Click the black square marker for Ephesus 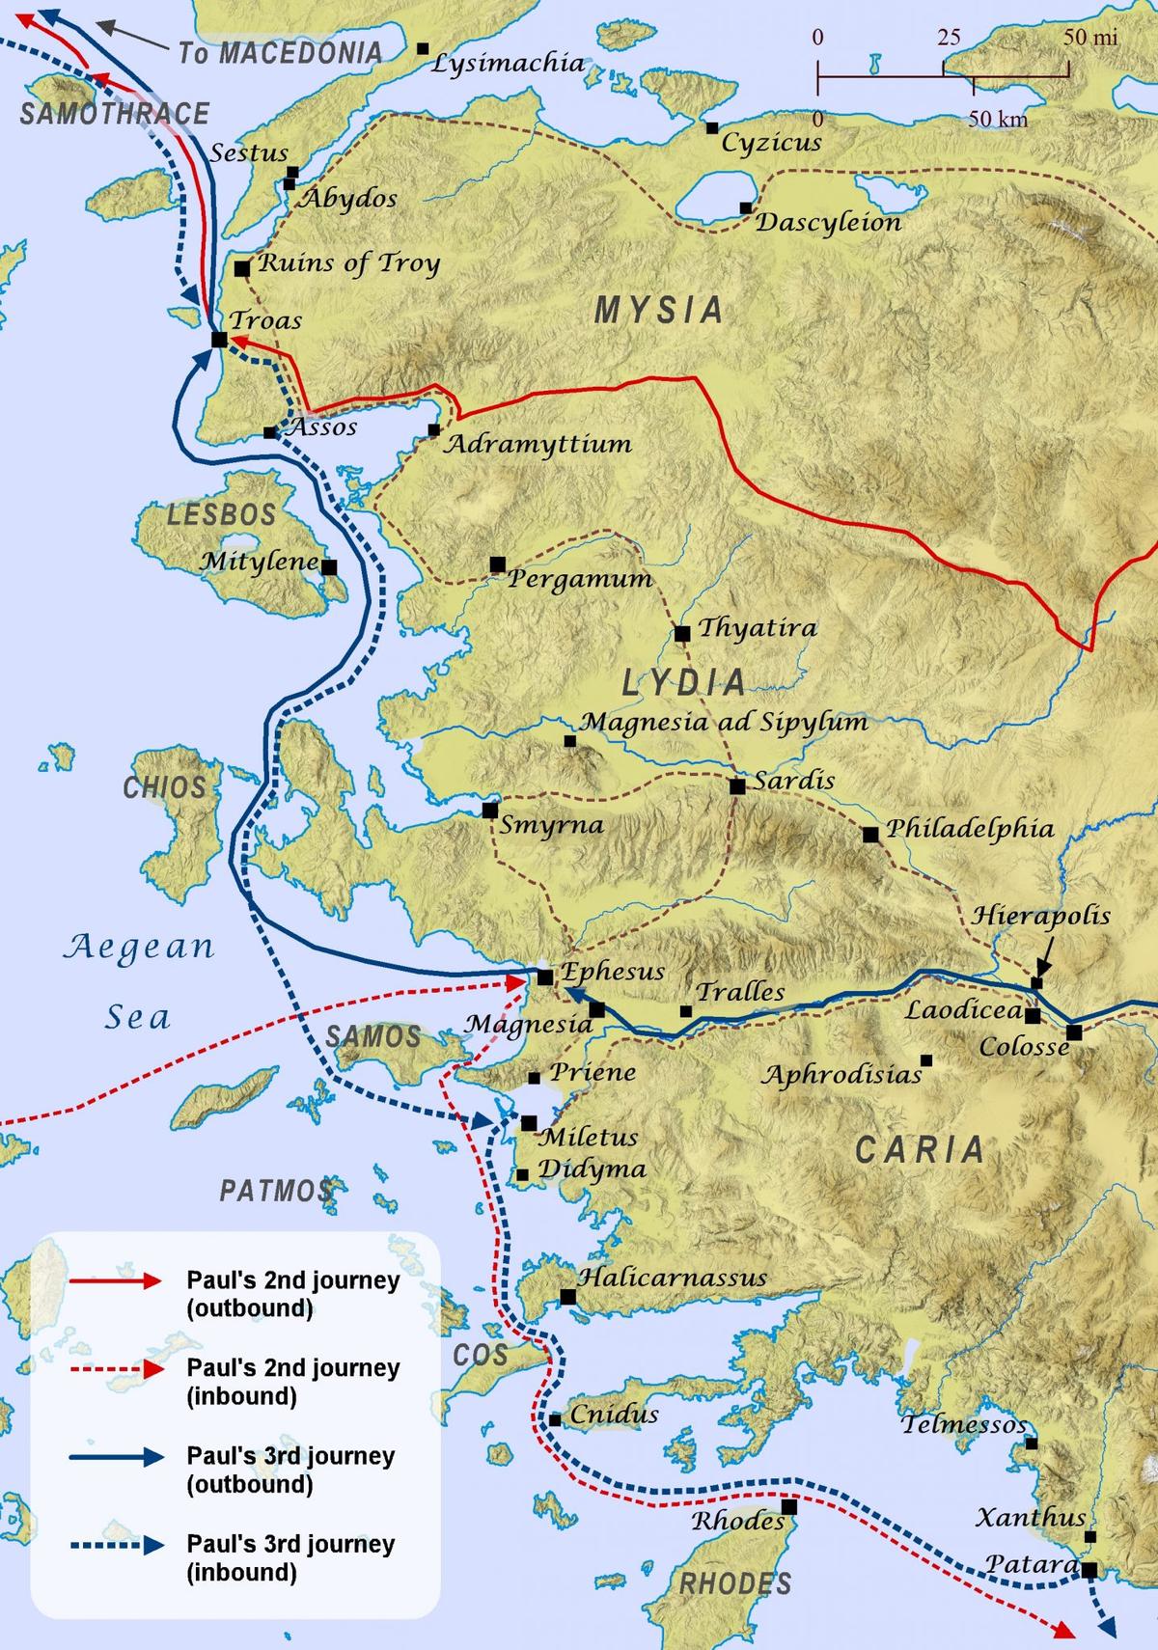pyautogui.click(x=545, y=976)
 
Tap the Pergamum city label pyautogui.click(x=580, y=579)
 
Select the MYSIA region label pyautogui.click(x=658, y=310)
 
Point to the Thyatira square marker pyautogui.click(x=682, y=634)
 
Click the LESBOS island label pyautogui.click(x=222, y=514)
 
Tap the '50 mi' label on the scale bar pyautogui.click(x=1091, y=38)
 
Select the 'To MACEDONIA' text pyautogui.click(x=280, y=53)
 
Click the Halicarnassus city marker pyautogui.click(x=568, y=1297)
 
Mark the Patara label pyautogui.click(x=1031, y=1564)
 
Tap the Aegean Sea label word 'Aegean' pyautogui.click(x=139, y=948)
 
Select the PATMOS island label pyautogui.click(x=276, y=1191)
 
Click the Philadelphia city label pyautogui.click(x=970, y=828)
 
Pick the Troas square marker pyautogui.click(x=219, y=340)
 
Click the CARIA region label pyautogui.click(x=920, y=1149)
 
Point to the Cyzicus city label pyautogui.click(x=772, y=144)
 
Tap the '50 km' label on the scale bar pyautogui.click(x=998, y=120)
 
